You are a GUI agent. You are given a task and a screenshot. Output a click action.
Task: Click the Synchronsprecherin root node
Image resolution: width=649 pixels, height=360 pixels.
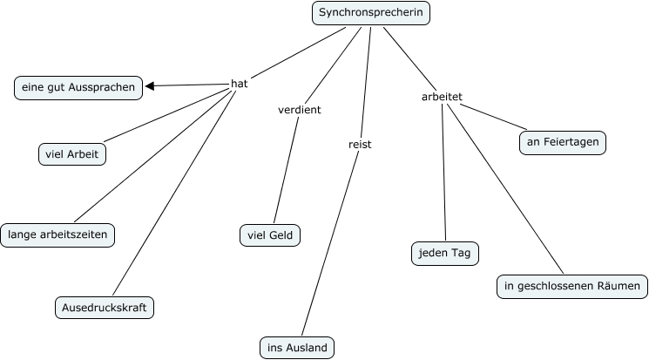[x=371, y=13]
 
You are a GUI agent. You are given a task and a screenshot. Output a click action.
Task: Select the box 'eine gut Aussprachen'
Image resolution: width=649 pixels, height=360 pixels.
[x=79, y=87]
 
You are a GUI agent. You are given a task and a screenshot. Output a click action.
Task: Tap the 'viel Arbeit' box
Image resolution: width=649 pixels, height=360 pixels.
[x=72, y=155]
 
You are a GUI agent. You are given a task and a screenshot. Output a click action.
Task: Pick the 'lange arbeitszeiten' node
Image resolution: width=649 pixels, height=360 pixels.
[x=58, y=234]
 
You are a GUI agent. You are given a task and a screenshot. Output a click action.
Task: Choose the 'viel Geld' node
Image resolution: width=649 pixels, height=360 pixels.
[x=270, y=235]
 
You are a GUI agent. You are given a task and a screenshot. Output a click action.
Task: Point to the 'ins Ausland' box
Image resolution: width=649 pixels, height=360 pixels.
[x=297, y=348]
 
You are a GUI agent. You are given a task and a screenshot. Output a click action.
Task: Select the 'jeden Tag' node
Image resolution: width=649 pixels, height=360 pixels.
[x=445, y=253]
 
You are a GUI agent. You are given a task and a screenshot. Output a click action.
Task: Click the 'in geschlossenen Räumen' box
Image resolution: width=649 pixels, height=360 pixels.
[x=572, y=286]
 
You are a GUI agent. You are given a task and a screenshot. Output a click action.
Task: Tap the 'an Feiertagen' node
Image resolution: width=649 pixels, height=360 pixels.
[x=562, y=141]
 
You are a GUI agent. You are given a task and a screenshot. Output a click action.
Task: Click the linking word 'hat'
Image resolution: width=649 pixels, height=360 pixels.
[x=239, y=84]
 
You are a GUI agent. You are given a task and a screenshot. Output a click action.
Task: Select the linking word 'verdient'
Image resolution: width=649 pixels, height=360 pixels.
[x=299, y=110]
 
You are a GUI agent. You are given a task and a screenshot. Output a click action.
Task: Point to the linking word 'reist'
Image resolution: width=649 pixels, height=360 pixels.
[x=359, y=145]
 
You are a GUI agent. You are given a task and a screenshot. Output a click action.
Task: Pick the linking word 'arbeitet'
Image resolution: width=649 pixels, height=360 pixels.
[x=441, y=96]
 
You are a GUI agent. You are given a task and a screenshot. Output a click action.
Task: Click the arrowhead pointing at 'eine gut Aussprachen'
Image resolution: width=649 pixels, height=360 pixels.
[x=151, y=86]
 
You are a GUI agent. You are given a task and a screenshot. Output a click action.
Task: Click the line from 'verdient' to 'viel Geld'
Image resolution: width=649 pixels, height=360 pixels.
[x=286, y=171]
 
